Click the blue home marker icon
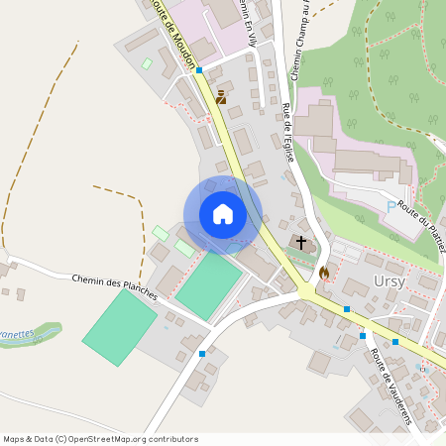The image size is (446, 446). [223, 214]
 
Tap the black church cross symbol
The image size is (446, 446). [301, 242]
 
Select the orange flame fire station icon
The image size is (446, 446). [323, 272]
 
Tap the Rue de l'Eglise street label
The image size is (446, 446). [286, 131]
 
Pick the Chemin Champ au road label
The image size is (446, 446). [300, 40]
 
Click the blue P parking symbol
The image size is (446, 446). [390, 206]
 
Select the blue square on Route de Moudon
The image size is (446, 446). [199, 70]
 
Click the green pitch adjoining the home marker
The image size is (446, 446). [208, 284]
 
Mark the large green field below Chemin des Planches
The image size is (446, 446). [119, 326]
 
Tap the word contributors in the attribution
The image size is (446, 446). [173, 439]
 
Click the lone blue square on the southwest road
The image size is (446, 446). [202, 353]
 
